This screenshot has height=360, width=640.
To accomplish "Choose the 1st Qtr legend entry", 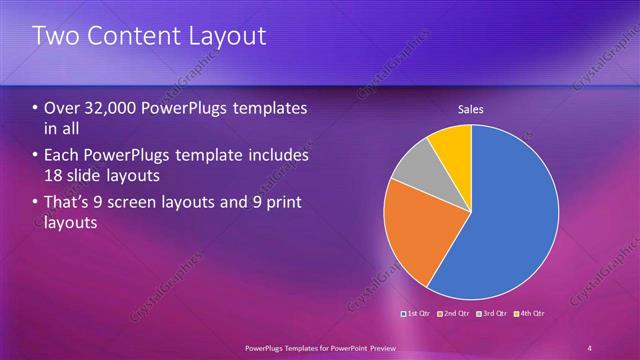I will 416,314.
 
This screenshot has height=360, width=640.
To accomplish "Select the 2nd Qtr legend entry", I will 453,314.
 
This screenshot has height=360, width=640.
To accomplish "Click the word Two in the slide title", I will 58,37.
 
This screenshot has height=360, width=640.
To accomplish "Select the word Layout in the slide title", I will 228,37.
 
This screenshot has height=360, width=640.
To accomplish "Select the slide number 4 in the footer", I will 589,347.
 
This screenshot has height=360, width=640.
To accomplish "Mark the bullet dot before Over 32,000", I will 36,108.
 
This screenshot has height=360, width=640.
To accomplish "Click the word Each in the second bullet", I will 65,155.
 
